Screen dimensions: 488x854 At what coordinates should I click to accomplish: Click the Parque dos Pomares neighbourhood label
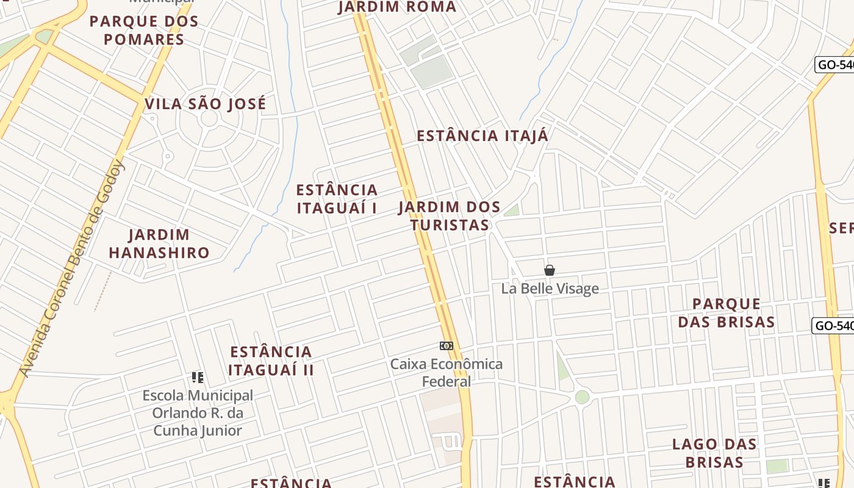point(144,30)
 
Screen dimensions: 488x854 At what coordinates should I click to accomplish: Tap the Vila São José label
point(206,104)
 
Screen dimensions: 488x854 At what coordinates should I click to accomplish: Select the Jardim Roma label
point(397,7)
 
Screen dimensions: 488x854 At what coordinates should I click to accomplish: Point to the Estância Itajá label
point(483,136)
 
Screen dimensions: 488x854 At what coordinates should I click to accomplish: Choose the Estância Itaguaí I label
point(337,199)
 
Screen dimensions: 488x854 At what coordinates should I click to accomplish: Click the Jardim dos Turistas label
point(450,216)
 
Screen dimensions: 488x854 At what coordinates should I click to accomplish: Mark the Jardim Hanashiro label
point(159,243)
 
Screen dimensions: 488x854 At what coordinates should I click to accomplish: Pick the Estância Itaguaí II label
point(271,361)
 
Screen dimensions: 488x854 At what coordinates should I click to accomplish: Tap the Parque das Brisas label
point(727,313)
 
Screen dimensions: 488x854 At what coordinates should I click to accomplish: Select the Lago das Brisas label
point(714,453)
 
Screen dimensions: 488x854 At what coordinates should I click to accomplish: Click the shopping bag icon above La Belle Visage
point(550,270)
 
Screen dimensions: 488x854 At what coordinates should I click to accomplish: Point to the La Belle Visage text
point(550,289)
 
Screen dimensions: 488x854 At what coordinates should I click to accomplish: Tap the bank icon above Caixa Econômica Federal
point(447,346)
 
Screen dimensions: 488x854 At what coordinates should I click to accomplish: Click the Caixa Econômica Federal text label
point(447,373)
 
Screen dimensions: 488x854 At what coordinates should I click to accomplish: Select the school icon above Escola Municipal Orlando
point(197,378)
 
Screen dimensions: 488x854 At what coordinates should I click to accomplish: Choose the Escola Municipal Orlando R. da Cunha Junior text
point(198,413)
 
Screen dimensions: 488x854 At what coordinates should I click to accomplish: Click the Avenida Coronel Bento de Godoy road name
point(72,268)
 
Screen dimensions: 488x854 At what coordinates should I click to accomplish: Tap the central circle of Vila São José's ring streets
point(209,118)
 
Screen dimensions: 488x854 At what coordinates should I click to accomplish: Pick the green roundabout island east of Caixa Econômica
point(583,397)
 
